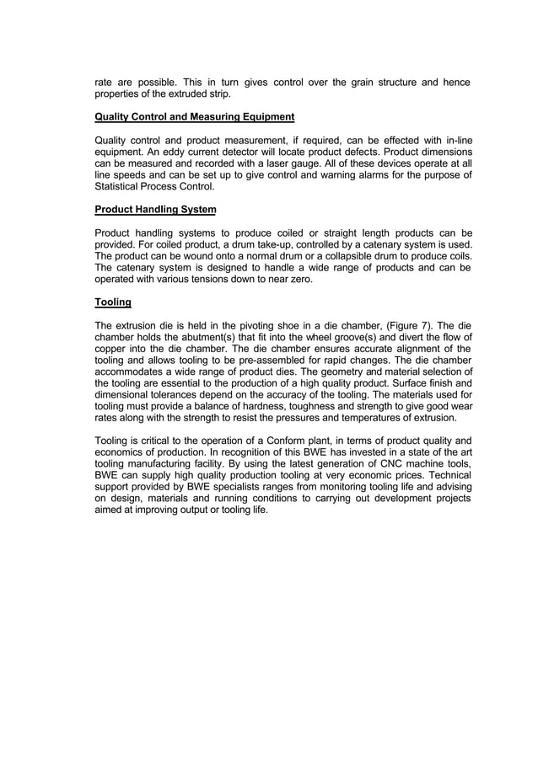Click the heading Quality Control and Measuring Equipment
[x=194, y=116]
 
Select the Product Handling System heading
[x=155, y=209]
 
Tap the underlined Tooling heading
[x=112, y=302]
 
